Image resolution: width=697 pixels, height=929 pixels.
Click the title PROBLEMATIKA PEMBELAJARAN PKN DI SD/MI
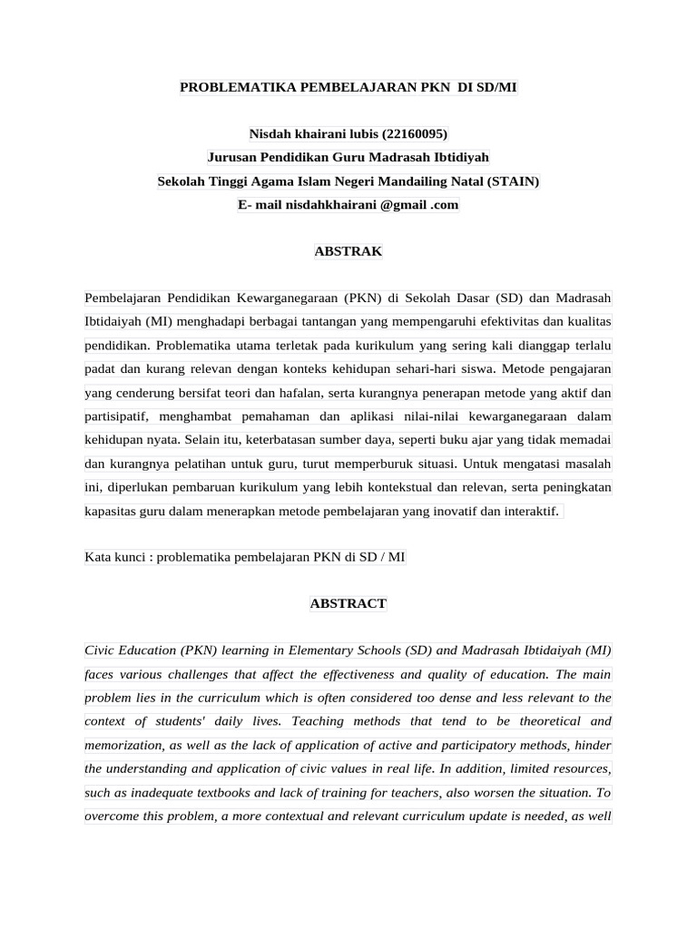pos(348,87)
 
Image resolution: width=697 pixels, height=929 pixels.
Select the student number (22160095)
pos(415,134)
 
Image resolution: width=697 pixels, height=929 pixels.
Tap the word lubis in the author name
pos(360,134)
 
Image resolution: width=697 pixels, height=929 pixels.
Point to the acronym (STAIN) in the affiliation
pos(513,181)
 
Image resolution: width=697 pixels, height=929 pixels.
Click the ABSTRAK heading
pos(348,251)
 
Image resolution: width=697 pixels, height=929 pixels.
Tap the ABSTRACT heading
pos(348,603)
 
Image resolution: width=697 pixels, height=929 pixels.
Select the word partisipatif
pos(119,416)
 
